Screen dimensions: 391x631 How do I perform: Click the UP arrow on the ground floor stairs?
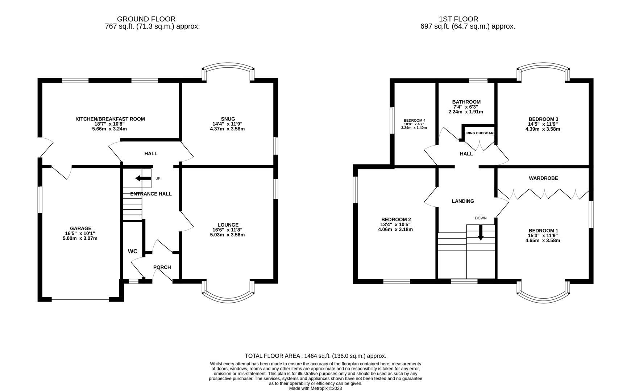[143, 178]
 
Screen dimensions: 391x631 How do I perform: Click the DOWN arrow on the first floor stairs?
[481, 233]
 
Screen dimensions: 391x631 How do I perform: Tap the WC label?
[133, 251]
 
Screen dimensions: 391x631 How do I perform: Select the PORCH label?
[162, 267]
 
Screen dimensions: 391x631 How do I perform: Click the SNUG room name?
[228, 119]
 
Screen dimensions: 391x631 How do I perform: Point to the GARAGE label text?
[80, 228]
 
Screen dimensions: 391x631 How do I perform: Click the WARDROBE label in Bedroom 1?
[543, 178]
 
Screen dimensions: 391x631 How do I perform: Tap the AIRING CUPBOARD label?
[479, 133]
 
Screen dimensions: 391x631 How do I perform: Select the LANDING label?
[463, 201]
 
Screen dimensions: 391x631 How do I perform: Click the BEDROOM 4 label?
[414, 121]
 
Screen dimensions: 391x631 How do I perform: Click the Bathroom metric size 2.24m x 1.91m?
[466, 112]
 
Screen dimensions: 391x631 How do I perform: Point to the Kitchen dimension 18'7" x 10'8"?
[110, 124]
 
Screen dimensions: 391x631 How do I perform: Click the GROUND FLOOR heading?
[146, 19]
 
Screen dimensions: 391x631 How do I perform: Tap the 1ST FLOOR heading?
[458, 19]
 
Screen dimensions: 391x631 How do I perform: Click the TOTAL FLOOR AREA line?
[315, 356]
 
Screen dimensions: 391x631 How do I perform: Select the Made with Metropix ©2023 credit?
[315, 388]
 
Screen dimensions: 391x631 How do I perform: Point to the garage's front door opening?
[80, 299]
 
